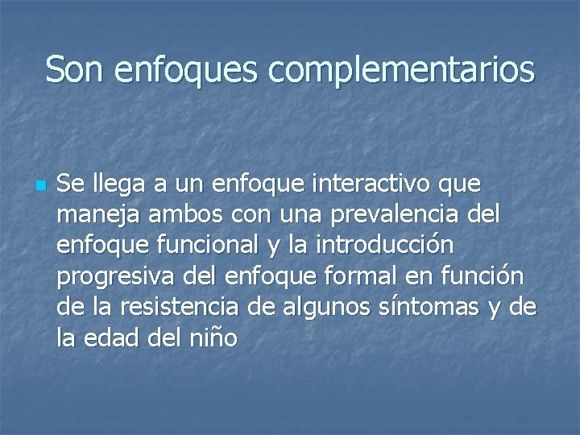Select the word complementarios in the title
pos(402,71)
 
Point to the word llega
pos(111,185)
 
